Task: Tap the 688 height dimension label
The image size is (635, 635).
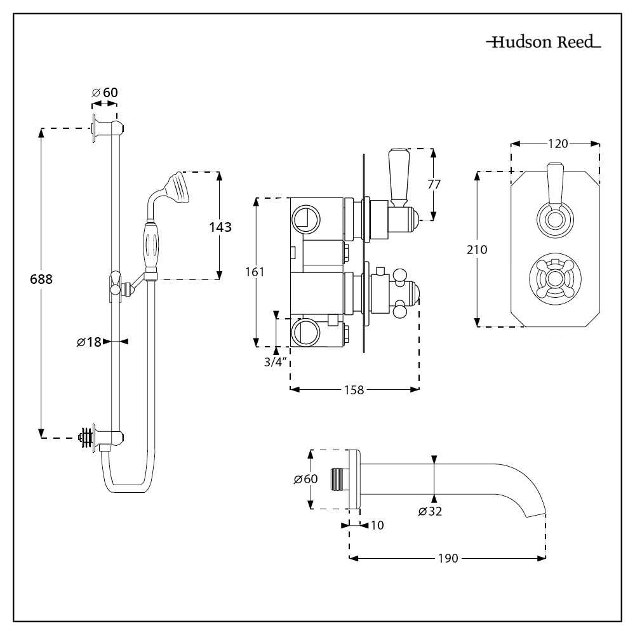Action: coord(41,279)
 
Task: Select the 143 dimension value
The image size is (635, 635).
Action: coord(220,227)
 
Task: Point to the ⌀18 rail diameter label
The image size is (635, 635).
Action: coord(89,342)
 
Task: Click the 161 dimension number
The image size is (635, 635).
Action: coord(255,272)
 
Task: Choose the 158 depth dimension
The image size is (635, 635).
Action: coord(354,390)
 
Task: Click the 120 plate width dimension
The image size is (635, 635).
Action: coord(557,144)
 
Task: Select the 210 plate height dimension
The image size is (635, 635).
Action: coord(477,250)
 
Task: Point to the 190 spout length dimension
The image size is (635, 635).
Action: coord(448,558)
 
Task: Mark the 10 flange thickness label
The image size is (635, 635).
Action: coord(377,525)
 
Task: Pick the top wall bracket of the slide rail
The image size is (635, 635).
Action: coord(105,127)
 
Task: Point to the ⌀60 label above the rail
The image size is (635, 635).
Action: coord(105,93)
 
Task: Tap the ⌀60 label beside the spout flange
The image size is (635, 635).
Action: coord(305,479)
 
